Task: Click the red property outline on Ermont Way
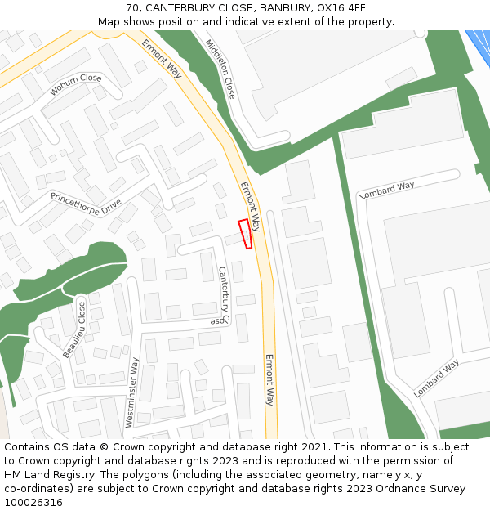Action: click(245, 233)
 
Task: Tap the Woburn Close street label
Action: click(75, 83)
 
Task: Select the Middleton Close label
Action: click(220, 69)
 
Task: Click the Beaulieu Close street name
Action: click(74, 329)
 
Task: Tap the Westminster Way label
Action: click(131, 392)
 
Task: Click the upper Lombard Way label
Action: click(387, 191)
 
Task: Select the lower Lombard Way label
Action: click(437, 378)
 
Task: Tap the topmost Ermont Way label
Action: click(162, 58)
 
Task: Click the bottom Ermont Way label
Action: click(269, 380)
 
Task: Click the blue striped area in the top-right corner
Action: click(479, 41)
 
